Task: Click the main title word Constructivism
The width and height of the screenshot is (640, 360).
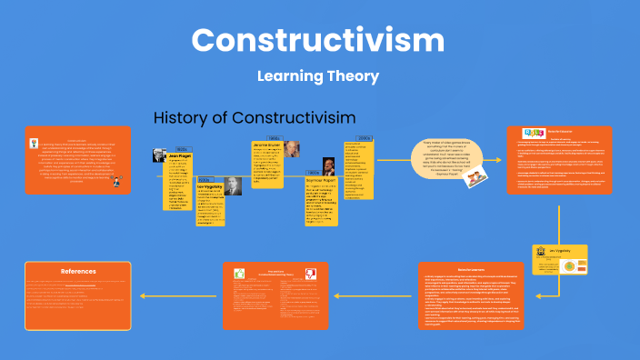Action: (318, 40)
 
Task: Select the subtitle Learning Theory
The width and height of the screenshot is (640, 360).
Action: (317, 76)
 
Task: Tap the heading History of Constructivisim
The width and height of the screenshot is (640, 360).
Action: (254, 118)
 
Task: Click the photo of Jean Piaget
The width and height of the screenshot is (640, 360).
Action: (159, 155)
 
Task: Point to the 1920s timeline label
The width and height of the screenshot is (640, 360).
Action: (181, 148)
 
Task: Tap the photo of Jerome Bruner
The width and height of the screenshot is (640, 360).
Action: (291, 149)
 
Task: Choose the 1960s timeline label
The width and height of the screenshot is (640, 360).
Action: (273, 137)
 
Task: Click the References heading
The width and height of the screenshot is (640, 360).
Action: (78, 271)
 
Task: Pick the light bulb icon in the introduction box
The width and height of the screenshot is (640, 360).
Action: (117, 182)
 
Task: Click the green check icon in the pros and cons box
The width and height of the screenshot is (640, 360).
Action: (240, 273)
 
